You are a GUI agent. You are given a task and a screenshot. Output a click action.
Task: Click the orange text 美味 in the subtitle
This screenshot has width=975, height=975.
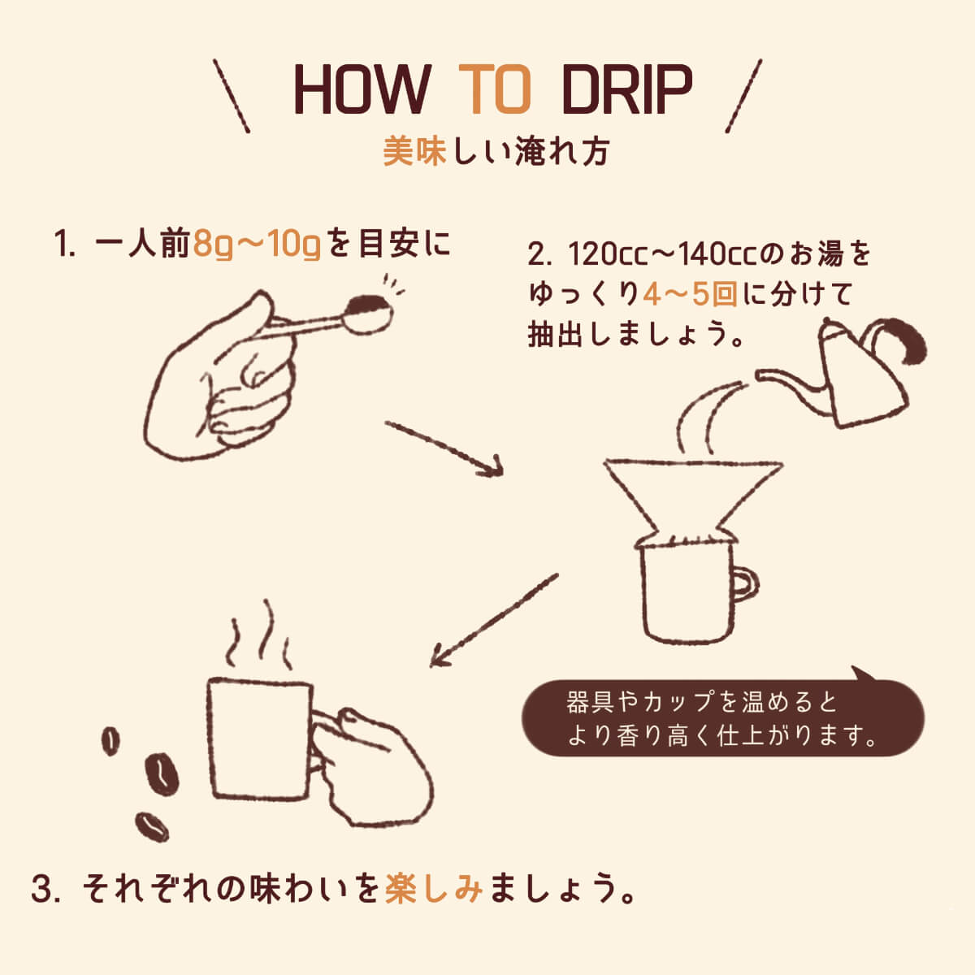(415, 152)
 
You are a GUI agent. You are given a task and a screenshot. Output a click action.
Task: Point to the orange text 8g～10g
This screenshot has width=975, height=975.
(258, 244)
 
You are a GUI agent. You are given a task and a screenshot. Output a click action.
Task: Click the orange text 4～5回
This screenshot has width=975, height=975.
(690, 293)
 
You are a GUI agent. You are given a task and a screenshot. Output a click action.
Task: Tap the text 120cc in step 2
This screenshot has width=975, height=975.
(606, 254)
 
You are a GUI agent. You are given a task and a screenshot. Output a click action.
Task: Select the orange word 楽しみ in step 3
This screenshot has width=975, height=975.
(434, 888)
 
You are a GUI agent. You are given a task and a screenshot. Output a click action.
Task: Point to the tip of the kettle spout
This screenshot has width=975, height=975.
(760, 375)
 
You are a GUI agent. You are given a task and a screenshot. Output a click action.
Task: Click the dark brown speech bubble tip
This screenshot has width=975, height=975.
(860, 674)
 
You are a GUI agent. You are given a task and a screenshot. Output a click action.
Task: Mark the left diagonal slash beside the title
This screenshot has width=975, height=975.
(232, 96)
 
